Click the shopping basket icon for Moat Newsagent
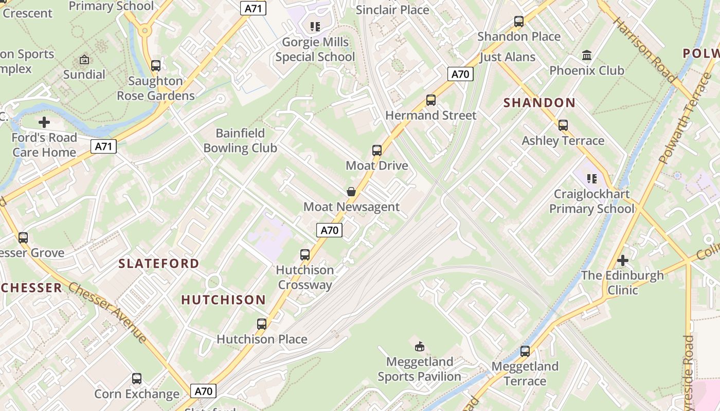351,192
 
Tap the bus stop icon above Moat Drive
377,151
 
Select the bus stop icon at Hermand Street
431,100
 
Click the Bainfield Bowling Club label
240,141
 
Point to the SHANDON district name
539,103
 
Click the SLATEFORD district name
159,264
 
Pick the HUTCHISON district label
224,300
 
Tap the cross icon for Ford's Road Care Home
44,122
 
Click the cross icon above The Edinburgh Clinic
623,260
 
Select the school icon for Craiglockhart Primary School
592,179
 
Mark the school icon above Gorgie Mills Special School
315,27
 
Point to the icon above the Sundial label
84,60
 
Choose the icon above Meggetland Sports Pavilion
420,347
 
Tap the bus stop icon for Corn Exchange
137,379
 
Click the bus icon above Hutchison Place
262,324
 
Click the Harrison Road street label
645,50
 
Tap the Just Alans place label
508,57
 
